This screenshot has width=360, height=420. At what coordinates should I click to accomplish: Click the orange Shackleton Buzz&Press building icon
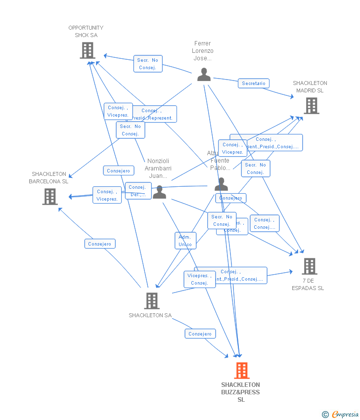coord(241,370)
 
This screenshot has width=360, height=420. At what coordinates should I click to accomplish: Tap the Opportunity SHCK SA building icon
coord(88,50)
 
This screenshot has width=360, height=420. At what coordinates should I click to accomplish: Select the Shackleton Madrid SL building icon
coord(311,105)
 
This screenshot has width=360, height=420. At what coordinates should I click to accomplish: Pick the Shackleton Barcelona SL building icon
coord(49,196)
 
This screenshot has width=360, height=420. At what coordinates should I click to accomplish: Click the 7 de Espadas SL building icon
coord(309,266)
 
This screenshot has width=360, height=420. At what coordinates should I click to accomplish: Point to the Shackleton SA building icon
coord(151,300)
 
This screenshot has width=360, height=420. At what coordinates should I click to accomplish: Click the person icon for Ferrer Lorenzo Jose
coord(204,75)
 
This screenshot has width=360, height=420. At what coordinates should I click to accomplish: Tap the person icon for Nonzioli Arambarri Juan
coord(159,192)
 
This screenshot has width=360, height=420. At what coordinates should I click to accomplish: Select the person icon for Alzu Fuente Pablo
coord(221,184)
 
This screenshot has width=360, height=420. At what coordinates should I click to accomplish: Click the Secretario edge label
coord(254,84)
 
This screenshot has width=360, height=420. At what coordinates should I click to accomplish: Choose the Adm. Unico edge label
coord(185,241)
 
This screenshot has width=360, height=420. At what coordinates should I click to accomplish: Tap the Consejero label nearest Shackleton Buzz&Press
coord(200,334)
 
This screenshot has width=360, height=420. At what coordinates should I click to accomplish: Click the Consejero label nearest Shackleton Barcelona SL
coord(100,244)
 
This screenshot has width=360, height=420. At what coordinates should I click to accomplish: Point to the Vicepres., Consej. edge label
coord(200,279)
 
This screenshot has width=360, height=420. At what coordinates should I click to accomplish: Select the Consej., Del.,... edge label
coord(138,191)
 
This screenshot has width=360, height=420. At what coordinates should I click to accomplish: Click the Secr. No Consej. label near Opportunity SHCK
coord(148,64)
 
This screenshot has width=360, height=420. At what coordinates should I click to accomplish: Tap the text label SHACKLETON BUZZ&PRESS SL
coord(241,392)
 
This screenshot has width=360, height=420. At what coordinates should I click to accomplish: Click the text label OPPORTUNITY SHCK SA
coord(86,32)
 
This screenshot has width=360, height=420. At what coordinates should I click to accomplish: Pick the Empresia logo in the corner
coord(341,414)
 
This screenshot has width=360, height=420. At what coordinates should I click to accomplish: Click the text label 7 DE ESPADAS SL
coord(308,285)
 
